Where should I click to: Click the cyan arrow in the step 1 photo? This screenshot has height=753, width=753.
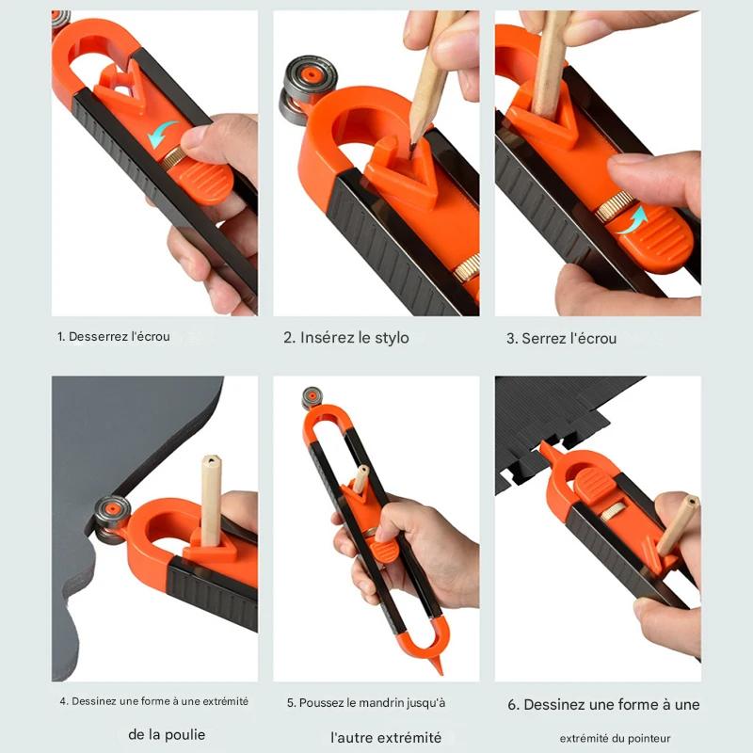click(x=162, y=133)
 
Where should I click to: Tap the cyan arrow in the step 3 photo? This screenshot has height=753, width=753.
click(x=633, y=221)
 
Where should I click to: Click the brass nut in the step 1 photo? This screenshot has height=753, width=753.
click(x=173, y=158)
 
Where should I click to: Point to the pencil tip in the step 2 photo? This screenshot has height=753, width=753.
click(x=412, y=147)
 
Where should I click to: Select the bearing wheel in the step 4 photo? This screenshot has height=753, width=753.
click(x=111, y=519)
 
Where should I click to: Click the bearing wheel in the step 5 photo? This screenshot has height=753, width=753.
click(x=312, y=398)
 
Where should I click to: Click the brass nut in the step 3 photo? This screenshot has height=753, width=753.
click(x=609, y=205)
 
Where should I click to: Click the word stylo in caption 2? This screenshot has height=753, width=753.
click(x=392, y=338)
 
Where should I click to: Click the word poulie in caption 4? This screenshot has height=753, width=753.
click(x=185, y=735)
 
